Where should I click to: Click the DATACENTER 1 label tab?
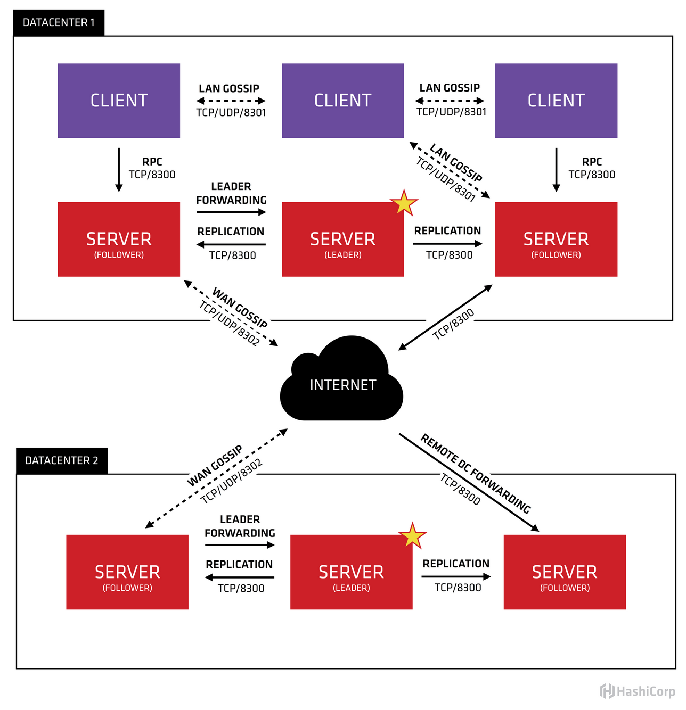coord(59,22)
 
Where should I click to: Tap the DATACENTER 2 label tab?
coord(62,460)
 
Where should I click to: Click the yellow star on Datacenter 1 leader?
coord(404,203)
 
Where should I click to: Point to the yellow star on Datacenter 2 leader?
coord(413,536)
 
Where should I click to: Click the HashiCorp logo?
coord(638,691)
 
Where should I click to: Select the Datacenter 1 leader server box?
coord(342,240)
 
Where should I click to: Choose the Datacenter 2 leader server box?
coord(351,572)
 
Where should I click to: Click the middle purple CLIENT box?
coord(342,101)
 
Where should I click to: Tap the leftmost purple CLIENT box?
coord(119,101)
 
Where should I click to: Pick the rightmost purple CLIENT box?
coord(556,101)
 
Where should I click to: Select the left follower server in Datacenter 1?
coord(119,240)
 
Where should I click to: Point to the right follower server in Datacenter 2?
coord(565,572)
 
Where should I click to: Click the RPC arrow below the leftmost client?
coord(119,169)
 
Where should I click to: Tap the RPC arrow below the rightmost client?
coord(556,169)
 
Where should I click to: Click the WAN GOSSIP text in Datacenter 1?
coord(240,308)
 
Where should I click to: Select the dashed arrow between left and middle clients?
coord(231,101)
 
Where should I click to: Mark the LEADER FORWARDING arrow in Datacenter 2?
coord(240,545)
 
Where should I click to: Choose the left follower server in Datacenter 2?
coord(127,572)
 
